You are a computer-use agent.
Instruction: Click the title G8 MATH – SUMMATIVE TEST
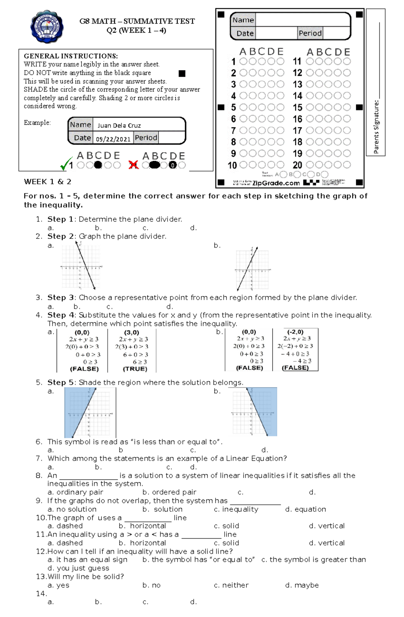pyautogui.click(x=137, y=21)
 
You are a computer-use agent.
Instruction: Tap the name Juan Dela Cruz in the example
pyautogui.click(x=119, y=125)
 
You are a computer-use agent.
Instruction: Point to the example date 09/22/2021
pyautogui.click(x=113, y=139)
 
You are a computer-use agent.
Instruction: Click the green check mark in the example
pyautogui.click(x=66, y=164)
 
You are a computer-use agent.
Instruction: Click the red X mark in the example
pyautogui.click(x=134, y=165)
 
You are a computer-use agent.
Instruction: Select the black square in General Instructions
pyautogui.click(x=182, y=74)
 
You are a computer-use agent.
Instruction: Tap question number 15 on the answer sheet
pyautogui.click(x=297, y=108)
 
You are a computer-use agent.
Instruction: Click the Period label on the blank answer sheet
pyautogui.click(x=310, y=33)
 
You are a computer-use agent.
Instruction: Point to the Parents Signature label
pyautogui.click(x=376, y=127)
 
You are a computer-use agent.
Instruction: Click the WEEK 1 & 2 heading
pyautogui.click(x=47, y=182)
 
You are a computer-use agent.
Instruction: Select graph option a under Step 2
pyautogui.click(x=81, y=267)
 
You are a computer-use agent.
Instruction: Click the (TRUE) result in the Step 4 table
pyautogui.click(x=135, y=369)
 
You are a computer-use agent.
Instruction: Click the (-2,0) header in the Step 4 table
pyautogui.click(x=295, y=332)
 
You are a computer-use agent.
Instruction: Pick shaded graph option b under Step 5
pyautogui.click(x=255, y=412)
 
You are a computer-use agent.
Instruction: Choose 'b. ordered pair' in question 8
pyautogui.click(x=169, y=492)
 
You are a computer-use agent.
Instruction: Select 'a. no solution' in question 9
pyautogui.click(x=72, y=509)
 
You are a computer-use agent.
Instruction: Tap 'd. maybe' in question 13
pyautogui.click(x=302, y=585)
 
